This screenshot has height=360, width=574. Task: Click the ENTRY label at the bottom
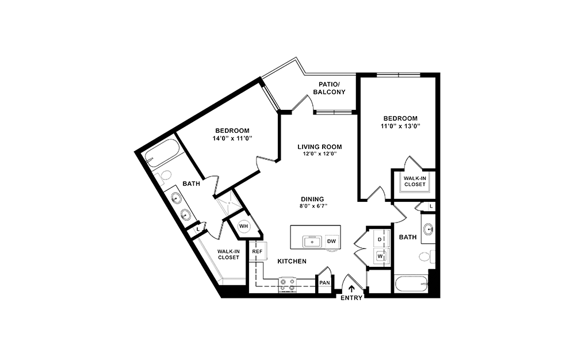[351, 298]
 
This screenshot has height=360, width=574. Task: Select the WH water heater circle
[243, 226]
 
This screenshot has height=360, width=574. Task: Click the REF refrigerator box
[257, 251]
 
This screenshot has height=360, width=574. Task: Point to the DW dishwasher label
[331, 242]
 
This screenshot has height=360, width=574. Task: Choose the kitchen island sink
[312, 242]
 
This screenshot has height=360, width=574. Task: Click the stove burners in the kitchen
[287, 284]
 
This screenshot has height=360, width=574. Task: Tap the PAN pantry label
[324, 283]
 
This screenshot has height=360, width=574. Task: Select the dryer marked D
[380, 239]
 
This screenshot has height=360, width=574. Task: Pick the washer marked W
[380, 255]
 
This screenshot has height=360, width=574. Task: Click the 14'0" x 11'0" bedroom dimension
[232, 138]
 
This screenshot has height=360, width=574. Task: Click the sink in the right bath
[428, 229]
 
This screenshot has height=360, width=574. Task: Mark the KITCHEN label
[292, 262]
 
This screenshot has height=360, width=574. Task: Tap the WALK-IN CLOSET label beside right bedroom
[414, 181]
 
